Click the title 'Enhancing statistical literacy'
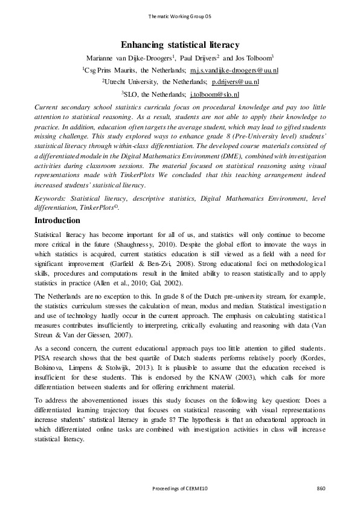180,45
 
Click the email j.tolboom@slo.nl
214,95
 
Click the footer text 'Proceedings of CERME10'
180,488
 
